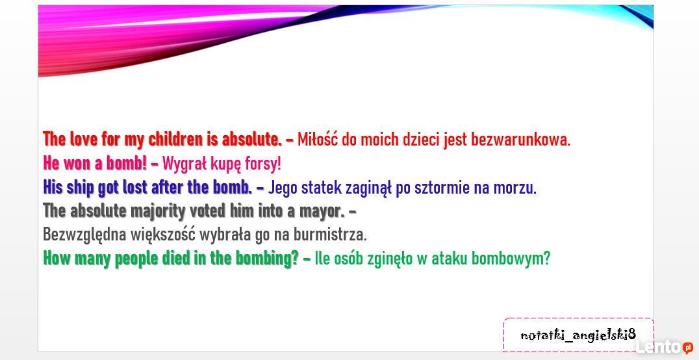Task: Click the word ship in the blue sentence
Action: tap(81, 188)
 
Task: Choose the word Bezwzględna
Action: tap(84, 235)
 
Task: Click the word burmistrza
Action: tap(330, 235)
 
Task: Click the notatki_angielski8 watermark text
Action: tap(578, 335)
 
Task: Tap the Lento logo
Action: tap(664, 346)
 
